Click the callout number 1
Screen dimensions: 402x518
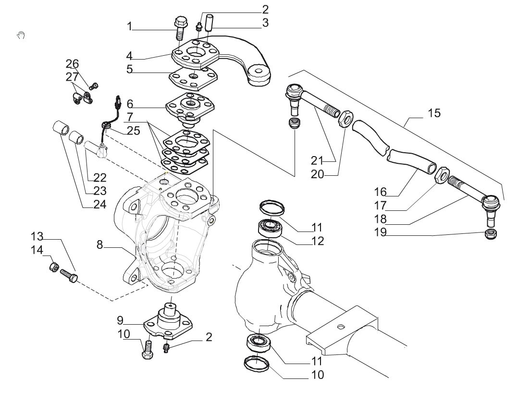coord(129,26)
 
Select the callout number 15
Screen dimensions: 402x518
coord(434,113)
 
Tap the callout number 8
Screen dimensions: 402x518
coord(100,244)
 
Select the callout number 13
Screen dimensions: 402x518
coord(37,237)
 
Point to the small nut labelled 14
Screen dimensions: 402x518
coord(54,267)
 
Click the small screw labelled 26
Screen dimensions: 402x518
coord(95,86)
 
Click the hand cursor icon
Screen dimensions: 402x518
coord(21,35)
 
